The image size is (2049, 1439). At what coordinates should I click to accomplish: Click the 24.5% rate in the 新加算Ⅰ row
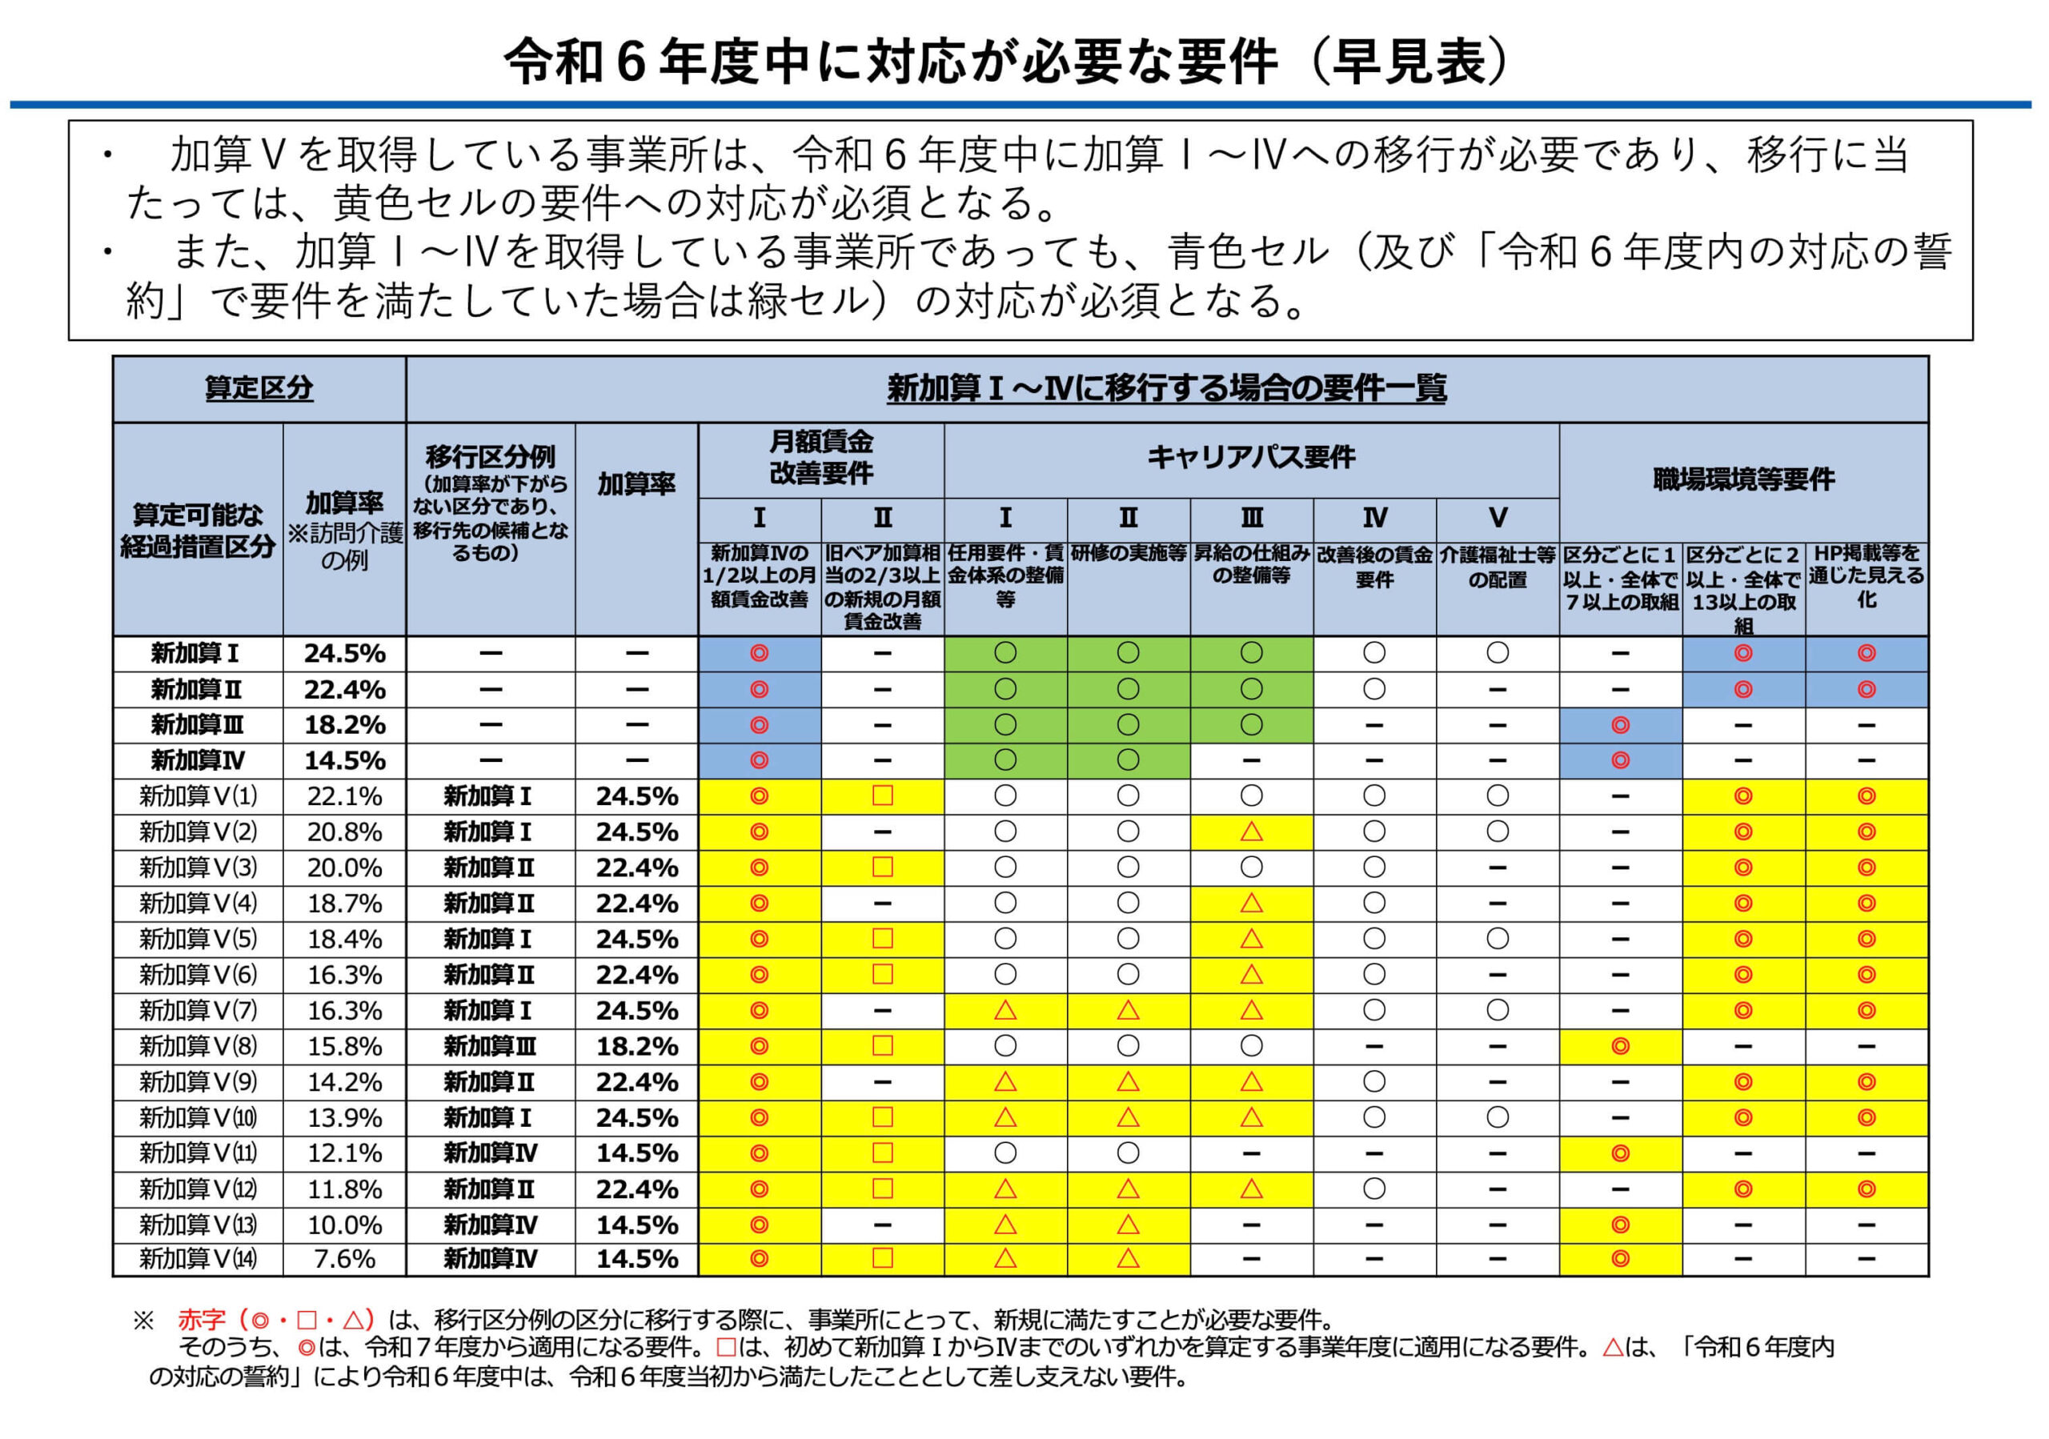tap(344, 654)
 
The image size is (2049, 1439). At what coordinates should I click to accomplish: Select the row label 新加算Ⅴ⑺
tap(197, 1011)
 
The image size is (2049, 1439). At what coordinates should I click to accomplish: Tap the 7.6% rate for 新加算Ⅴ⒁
tap(344, 1259)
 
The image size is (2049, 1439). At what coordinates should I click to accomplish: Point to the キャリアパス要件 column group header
tap(1251, 458)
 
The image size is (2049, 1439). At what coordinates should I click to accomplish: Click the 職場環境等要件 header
tap(1743, 480)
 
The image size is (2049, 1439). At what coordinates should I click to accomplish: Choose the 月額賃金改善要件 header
tap(821, 458)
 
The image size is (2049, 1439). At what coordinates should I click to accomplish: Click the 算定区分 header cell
tap(259, 388)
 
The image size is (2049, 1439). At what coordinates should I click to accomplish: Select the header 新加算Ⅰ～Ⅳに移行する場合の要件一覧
tap(1166, 388)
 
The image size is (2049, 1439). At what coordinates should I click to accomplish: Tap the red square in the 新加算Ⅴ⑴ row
tap(883, 796)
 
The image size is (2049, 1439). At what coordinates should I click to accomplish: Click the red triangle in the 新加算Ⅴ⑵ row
tap(1251, 832)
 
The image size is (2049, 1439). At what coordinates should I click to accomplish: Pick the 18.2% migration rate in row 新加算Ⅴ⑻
tap(636, 1045)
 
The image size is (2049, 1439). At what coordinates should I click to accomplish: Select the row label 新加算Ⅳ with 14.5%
tap(197, 760)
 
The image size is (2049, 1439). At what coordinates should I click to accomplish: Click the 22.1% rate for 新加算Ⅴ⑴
tap(344, 796)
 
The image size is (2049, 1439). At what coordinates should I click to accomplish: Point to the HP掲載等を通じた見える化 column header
tap(1866, 576)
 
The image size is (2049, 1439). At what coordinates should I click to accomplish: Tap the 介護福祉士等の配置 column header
tap(1498, 567)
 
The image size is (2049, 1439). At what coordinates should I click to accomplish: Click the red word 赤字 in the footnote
tap(202, 1319)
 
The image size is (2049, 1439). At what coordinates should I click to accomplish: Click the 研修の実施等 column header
tap(1128, 554)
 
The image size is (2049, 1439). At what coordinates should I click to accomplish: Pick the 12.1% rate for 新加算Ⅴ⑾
tap(344, 1152)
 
